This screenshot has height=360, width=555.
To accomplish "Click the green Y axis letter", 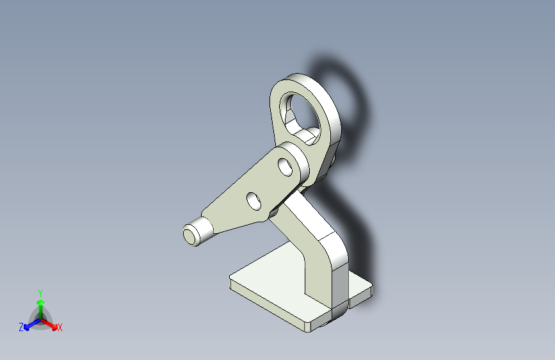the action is pyautogui.click(x=40, y=293).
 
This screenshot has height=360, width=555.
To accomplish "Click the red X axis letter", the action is pyautogui.click(x=60, y=328).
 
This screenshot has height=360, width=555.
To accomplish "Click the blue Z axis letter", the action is pyautogui.click(x=21, y=327).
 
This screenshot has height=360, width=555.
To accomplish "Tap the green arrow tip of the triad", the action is pyautogui.click(x=41, y=302).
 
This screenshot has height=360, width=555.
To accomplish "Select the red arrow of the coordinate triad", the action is pyautogui.click(x=49, y=324).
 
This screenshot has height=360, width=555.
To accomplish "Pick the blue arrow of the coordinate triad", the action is pyautogui.click(x=32, y=324).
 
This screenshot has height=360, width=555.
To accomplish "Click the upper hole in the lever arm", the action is pyautogui.click(x=286, y=167).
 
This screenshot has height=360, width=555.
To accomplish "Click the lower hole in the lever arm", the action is pyautogui.click(x=253, y=201).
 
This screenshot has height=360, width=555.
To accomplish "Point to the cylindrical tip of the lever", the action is pyautogui.click(x=198, y=232).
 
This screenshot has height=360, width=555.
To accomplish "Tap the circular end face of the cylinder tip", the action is pyautogui.click(x=189, y=237).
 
